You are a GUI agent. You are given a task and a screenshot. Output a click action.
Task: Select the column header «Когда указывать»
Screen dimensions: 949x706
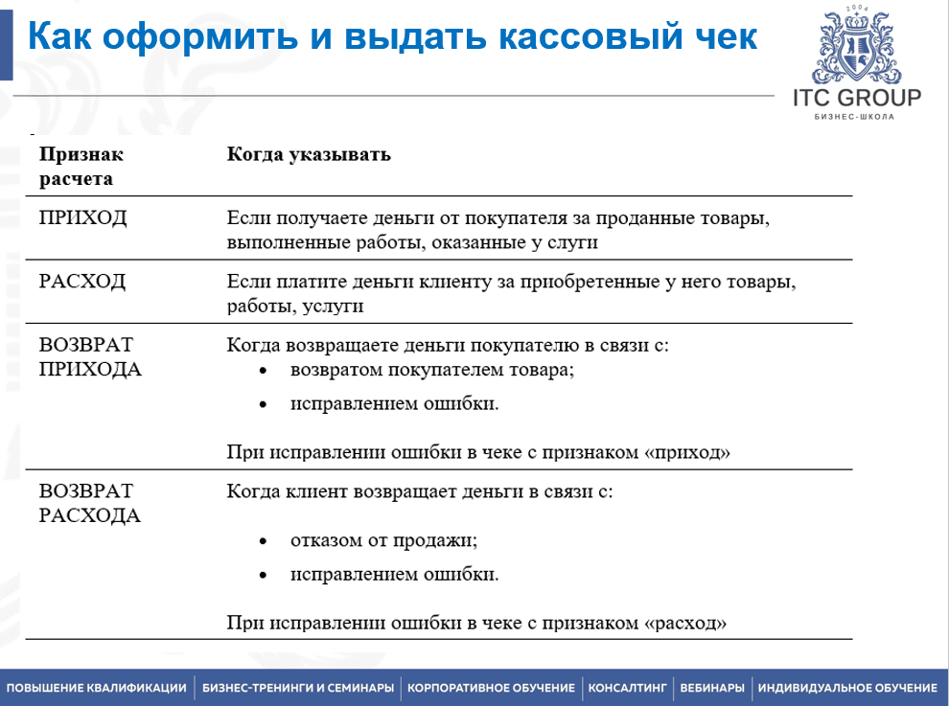click(x=309, y=154)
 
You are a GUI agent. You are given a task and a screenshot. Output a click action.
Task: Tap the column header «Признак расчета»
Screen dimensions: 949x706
click(x=81, y=167)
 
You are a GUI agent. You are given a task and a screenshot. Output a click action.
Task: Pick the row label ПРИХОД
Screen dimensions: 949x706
click(x=82, y=217)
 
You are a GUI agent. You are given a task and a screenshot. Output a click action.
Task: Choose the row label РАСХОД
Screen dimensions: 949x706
click(x=82, y=281)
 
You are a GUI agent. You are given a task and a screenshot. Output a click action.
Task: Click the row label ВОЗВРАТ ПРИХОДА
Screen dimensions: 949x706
click(x=90, y=356)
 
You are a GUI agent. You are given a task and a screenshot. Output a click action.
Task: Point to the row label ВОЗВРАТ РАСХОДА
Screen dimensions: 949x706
click(x=89, y=503)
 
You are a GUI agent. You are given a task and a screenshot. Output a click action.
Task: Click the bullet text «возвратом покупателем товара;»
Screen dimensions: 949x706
click(x=432, y=369)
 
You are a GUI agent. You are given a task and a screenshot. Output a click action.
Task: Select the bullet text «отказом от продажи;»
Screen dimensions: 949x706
click(x=383, y=539)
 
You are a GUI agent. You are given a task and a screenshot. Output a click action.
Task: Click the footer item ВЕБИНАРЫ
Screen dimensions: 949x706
click(x=711, y=688)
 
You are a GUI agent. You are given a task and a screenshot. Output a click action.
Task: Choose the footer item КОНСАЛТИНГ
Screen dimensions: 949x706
click(x=627, y=688)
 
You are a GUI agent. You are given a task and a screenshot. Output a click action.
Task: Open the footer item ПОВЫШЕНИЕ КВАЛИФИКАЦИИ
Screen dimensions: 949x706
click(x=97, y=688)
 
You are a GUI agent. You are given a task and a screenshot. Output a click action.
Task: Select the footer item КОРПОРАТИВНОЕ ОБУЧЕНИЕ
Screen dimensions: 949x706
click(x=491, y=688)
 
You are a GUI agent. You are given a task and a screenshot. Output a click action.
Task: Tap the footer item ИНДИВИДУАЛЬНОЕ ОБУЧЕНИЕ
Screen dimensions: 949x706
click(x=847, y=688)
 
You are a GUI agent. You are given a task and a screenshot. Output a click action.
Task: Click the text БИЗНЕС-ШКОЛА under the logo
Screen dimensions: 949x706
click(x=854, y=116)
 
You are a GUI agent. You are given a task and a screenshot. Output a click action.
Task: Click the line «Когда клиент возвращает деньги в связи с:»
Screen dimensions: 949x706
click(x=420, y=491)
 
